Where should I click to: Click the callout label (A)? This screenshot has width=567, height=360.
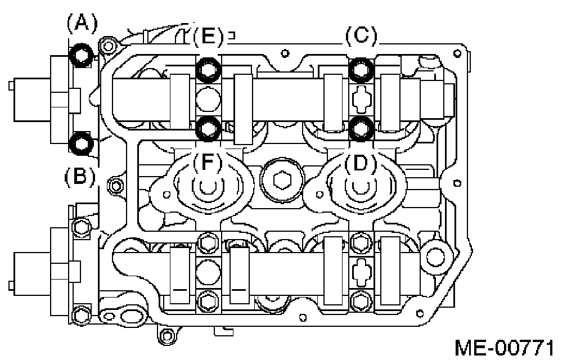[x=82, y=24]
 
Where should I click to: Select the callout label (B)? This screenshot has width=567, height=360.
[x=80, y=177]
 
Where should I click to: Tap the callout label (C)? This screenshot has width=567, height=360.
[x=361, y=35]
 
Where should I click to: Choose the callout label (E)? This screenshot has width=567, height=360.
[x=208, y=36]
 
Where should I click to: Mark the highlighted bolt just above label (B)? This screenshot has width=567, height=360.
[x=82, y=143]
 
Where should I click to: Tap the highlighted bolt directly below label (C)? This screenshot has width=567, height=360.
[x=361, y=70]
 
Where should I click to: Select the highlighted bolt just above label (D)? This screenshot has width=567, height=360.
[x=361, y=128]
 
